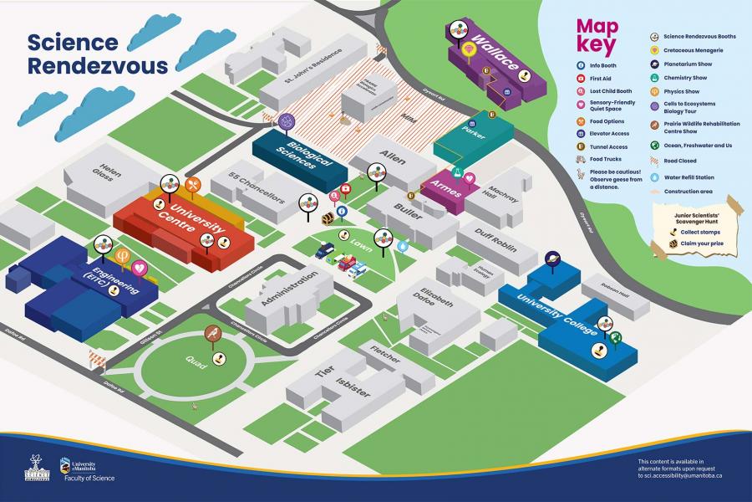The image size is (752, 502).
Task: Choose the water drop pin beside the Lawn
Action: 403,247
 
